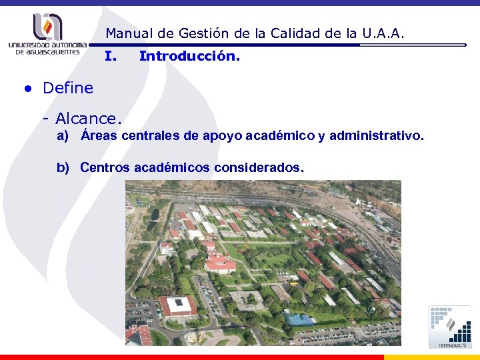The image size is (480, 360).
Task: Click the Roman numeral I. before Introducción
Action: tap(111, 57)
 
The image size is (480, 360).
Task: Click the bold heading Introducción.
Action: tap(189, 57)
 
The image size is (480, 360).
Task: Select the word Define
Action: tap(68, 87)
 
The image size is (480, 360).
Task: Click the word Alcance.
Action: tap(89, 119)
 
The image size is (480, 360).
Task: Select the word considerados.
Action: tap(259, 167)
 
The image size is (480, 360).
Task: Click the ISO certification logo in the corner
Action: tap(449, 327)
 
